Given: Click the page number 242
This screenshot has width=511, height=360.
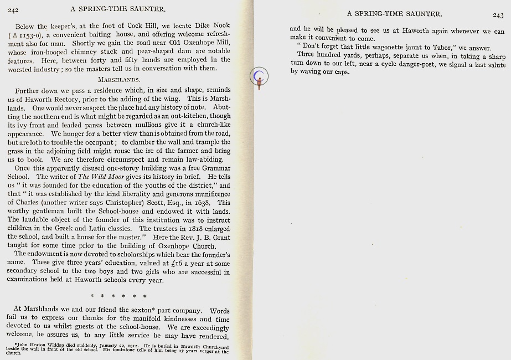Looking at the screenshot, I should click(x=14, y=9).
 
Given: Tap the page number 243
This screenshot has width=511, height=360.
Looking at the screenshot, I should click(x=498, y=15).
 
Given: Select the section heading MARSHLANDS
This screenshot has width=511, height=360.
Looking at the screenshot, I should click(x=118, y=79).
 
